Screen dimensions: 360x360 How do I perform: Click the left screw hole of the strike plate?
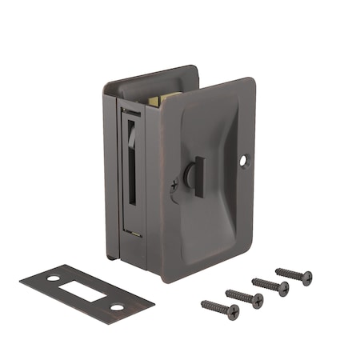coord(53,278)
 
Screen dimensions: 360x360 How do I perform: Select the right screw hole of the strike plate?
coord(117,307)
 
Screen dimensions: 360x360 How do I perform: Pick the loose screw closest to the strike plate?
coord(219,308)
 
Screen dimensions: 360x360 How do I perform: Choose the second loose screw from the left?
coord(244,298)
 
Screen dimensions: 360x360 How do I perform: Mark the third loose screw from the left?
coord(270,286)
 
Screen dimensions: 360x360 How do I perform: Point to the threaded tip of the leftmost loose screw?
coord(203,303)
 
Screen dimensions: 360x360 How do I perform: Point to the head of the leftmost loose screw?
coord(234,312)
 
